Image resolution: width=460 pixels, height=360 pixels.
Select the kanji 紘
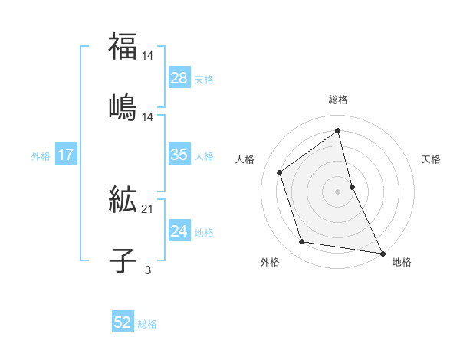tap(123, 201)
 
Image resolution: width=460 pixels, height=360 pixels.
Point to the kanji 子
tap(123, 260)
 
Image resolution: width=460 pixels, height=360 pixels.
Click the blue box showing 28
tap(179, 78)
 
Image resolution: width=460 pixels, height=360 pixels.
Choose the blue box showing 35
tap(179, 155)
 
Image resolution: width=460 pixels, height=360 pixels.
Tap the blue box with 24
tap(179, 231)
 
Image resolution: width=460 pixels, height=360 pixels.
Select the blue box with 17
tap(65, 155)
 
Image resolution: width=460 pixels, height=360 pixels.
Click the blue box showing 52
tap(123, 323)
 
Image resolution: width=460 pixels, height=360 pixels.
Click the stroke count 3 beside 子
tap(147, 269)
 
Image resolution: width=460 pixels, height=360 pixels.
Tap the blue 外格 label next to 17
tap(41, 155)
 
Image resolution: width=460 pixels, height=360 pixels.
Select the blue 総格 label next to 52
tap(147, 324)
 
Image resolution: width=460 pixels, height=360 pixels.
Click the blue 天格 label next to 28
tap(204, 79)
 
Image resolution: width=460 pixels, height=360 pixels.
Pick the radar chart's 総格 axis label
tap(338, 100)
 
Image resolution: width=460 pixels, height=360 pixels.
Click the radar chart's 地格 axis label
tap(402, 262)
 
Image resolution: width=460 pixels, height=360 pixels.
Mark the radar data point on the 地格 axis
tap(383, 253)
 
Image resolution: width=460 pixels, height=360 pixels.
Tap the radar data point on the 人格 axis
tap(279, 172)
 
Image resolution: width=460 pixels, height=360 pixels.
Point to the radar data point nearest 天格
tap(352, 186)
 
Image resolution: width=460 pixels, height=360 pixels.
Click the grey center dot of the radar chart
tap(338, 191)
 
